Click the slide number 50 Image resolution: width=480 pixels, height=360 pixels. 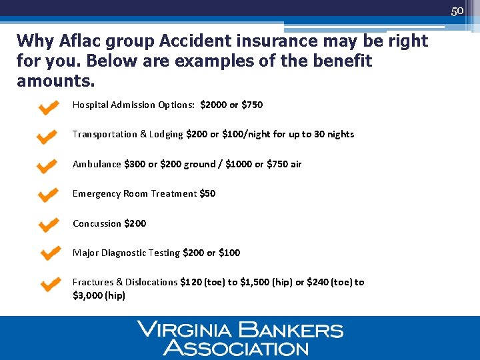point(457,11)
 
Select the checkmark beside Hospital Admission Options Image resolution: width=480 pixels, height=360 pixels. point(47,108)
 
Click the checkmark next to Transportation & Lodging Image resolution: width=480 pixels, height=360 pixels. point(47,137)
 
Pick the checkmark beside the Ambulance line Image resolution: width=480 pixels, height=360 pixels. point(47,166)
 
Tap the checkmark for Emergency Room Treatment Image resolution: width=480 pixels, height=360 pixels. point(47,195)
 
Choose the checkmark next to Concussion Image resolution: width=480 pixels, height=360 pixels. point(47,225)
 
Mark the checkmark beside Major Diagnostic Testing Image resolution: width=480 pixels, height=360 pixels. point(49,253)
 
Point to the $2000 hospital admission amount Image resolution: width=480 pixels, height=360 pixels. point(213,105)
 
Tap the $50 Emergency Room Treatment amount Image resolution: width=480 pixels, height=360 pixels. point(207,193)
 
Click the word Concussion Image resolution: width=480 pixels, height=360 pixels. point(97,223)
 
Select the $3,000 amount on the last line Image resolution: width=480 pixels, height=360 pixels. point(87,295)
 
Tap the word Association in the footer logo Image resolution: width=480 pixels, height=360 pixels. point(236,347)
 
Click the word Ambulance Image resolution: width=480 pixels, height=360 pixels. point(97,164)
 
